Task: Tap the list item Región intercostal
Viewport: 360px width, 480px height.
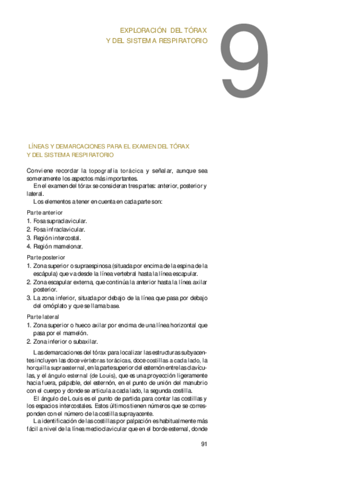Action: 57,238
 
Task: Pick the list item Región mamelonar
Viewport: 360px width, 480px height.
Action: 58,246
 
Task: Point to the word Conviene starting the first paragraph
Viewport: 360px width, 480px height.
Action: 39,170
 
